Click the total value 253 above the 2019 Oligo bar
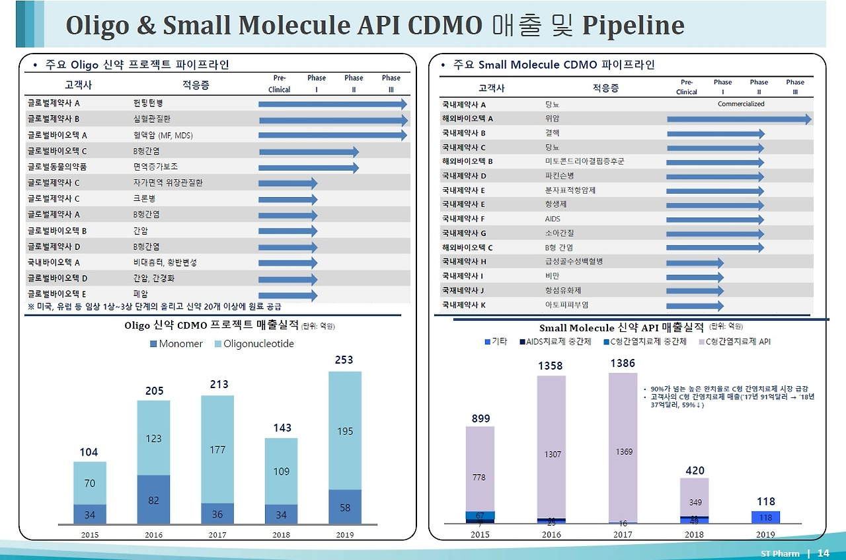click(344, 360)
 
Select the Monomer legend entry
click(176, 344)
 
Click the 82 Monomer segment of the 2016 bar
click(154, 500)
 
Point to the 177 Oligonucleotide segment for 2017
click(217, 450)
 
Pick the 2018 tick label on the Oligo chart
click(281, 534)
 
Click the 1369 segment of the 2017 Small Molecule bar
click(623, 452)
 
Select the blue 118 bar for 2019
click(765, 517)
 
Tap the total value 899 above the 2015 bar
click(481, 419)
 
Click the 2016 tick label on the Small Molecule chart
click(551, 534)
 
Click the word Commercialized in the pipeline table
click(741, 104)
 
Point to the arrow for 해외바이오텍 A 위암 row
click(739, 119)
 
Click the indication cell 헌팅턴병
click(148, 104)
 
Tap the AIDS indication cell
click(553, 219)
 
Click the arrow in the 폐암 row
click(288, 295)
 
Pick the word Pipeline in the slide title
click(633, 26)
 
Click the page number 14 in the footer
click(823, 553)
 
